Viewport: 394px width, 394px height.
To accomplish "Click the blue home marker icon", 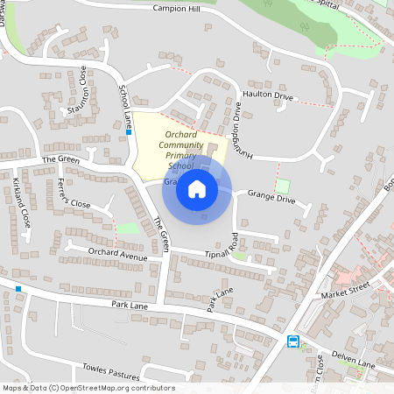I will (197, 189).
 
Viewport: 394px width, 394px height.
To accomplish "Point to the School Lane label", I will (124, 104).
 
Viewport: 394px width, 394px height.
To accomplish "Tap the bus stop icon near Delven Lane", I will (293, 341).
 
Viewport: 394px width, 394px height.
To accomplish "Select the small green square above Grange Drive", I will (282, 186).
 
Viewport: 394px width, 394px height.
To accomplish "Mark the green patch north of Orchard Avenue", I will (128, 229).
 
